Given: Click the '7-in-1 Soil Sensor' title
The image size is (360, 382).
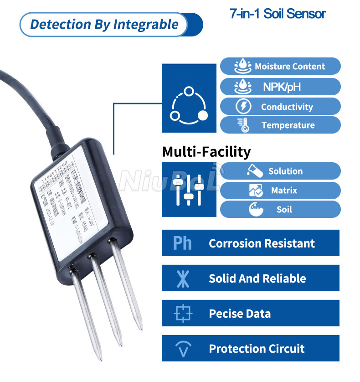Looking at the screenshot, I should coord(278,14).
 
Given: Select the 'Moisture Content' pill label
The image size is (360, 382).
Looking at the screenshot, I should coord(290,67).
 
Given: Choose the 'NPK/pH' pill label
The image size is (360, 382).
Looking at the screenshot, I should coord(282,87).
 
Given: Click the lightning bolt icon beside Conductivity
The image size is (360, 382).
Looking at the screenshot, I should coord(243,107).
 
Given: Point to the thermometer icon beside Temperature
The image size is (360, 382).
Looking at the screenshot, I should coord(242,125).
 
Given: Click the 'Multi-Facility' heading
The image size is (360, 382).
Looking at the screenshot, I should coord(206,151).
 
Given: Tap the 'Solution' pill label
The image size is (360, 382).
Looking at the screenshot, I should coord(285,171).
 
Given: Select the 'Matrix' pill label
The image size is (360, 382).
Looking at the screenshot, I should coord(284,191).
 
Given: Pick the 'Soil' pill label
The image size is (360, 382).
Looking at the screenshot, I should coord(284,210).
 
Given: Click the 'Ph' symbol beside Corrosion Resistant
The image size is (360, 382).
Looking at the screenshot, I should coord(182,243).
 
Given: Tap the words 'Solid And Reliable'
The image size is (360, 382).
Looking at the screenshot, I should coord(257,279).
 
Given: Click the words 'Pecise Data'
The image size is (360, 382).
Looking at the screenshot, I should coord(239,314).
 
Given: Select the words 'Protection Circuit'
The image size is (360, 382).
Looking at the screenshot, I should coord(257,349).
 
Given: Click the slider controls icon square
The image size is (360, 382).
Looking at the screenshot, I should coord(189,189).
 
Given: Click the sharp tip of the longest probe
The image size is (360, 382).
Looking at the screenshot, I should coord(100,358).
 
